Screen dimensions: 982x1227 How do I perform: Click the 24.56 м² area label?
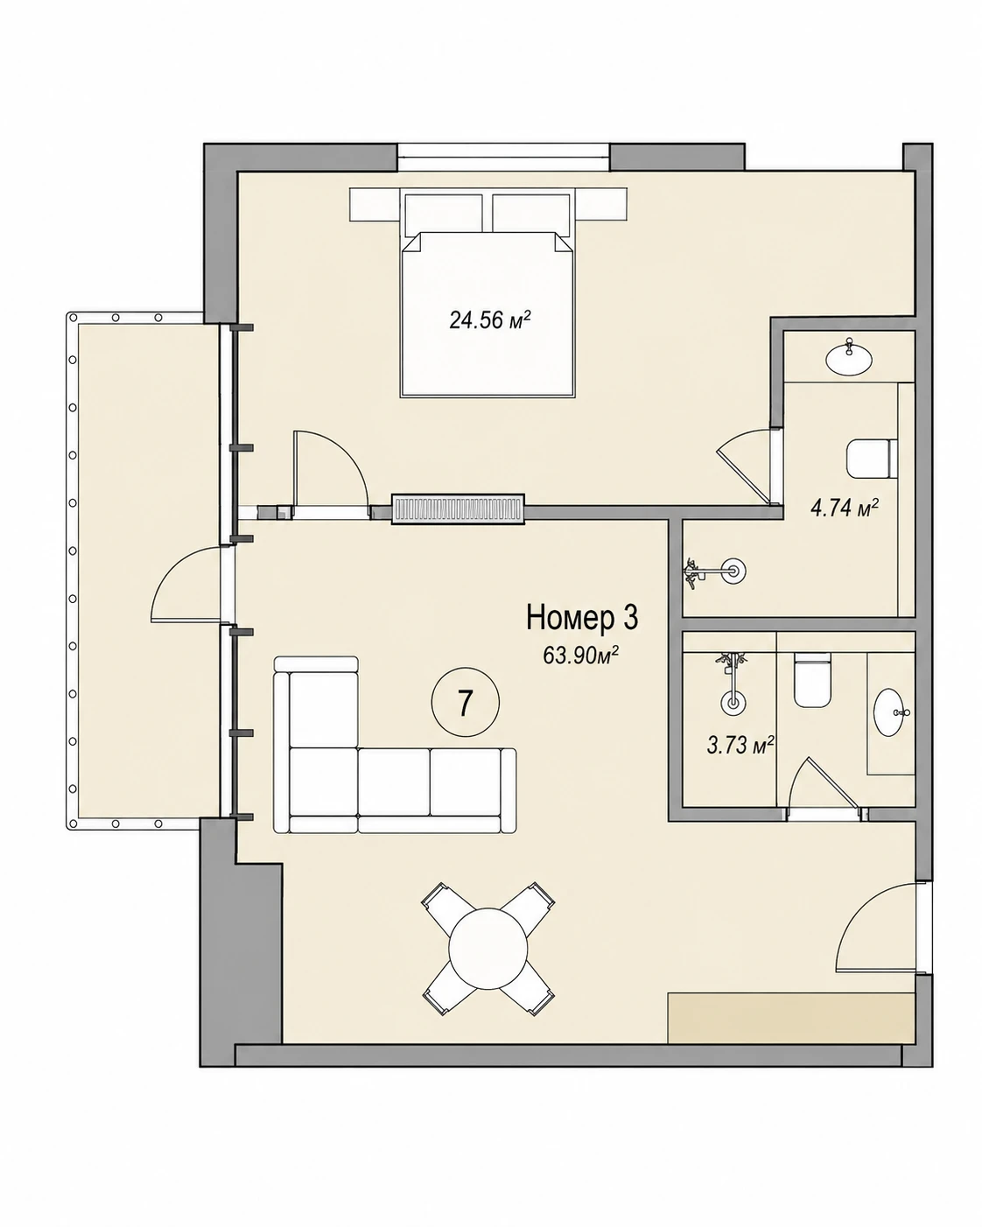(x=490, y=320)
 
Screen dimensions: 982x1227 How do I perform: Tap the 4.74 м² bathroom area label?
(x=844, y=507)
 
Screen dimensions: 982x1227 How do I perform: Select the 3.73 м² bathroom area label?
(x=740, y=745)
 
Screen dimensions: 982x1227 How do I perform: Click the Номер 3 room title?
(x=582, y=619)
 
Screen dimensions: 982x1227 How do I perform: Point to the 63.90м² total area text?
(x=581, y=656)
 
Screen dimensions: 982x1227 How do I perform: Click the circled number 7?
(x=466, y=704)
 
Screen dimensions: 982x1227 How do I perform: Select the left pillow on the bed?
(x=444, y=214)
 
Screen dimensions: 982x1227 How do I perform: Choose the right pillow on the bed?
(x=531, y=214)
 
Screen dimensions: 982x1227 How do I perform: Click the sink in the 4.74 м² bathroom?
(x=849, y=358)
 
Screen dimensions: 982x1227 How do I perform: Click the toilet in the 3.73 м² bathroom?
(x=812, y=681)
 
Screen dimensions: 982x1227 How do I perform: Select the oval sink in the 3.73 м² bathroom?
(x=888, y=712)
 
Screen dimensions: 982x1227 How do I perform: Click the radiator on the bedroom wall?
(x=459, y=508)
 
